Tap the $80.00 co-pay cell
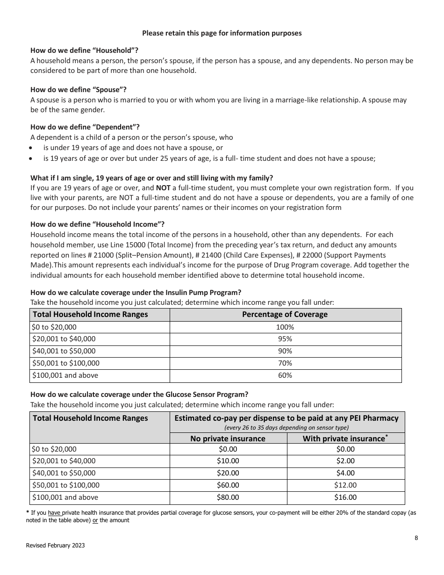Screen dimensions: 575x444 point(228,497)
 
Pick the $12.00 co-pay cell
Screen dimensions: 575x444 point(345,485)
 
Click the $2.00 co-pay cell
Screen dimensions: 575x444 point(345,461)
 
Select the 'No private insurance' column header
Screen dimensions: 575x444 point(228,438)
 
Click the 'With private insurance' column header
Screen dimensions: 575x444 point(345,438)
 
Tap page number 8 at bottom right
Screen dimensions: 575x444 point(416,538)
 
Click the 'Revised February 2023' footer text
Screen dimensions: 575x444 point(57,546)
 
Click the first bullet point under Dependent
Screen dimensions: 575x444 point(31,148)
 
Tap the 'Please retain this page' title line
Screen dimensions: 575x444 point(222,33)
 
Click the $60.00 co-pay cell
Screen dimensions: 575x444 point(228,485)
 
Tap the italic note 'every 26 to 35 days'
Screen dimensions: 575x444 point(286,427)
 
